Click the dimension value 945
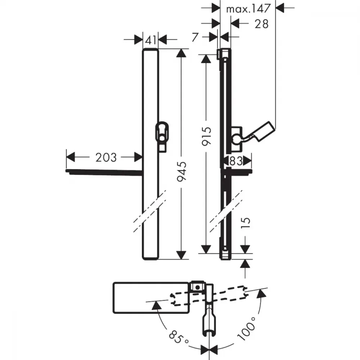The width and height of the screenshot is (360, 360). (x=182, y=171)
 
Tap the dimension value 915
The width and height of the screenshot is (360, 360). (x=206, y=136)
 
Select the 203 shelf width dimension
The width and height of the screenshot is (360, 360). (x=106, y=158)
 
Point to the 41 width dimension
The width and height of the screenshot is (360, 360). (x=150, y=40)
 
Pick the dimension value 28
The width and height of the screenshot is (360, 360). (x=261, y=24)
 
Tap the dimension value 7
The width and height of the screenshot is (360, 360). (x=195, y=37)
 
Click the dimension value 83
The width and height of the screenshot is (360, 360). (x=236, y=161)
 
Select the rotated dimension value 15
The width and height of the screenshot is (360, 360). (x=246, y=222)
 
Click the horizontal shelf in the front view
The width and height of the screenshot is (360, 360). (x=104, y=172)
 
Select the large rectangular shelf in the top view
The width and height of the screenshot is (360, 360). (x=151, y=298)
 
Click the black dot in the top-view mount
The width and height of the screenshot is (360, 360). (x=197, y=287)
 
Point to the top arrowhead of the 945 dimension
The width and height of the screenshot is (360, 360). (x=181, y=53)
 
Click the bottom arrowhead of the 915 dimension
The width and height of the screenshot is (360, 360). (x=206, y=249)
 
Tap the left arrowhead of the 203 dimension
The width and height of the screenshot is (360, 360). (x=71, y=157)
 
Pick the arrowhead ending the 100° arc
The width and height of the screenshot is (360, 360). (x=261, y=293)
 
